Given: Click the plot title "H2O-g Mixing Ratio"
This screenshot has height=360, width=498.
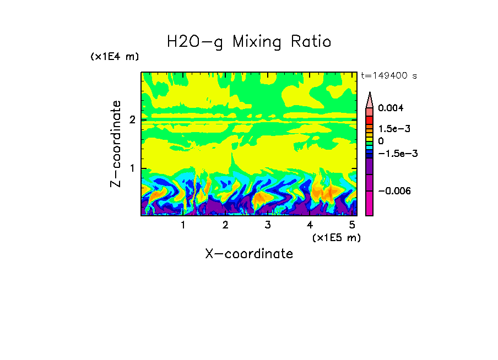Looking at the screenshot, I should pos(249,42).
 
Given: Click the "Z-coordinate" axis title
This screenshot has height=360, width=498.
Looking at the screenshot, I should pos(116,144).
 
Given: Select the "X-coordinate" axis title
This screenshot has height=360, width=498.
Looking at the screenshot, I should pos(249,254).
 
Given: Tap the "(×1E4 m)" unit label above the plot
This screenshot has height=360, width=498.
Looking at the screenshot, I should pos(115,57).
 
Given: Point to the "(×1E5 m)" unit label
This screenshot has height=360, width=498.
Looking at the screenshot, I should pos(336,237).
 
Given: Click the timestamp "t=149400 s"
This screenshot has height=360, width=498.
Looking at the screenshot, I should pos(388,75).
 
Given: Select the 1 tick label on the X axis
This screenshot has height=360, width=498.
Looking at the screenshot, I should pos(183,225).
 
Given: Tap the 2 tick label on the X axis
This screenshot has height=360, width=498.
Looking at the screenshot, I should pos(225,225).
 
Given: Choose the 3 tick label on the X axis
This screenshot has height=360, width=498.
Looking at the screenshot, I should pos(268,225).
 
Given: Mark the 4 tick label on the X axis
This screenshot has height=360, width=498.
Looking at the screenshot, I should pos(310,225).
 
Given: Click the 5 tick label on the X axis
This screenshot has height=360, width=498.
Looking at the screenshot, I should pos(352,225).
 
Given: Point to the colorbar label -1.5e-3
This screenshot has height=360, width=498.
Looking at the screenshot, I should pos(397,154).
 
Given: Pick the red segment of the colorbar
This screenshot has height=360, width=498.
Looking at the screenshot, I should pos(370,119).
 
